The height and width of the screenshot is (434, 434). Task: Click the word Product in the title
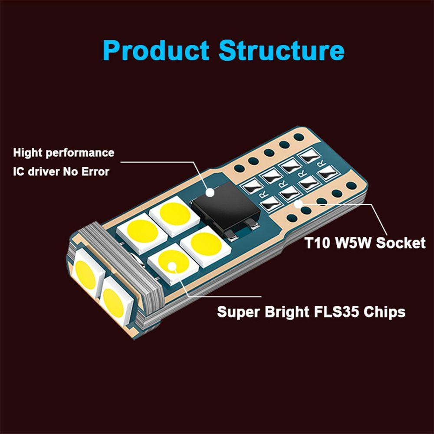[x=156, y=51]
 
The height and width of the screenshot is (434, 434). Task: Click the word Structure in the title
[x=281, y=51]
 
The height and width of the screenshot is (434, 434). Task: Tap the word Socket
[x=401, y=242]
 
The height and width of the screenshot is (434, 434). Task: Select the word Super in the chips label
[x=239, y=312]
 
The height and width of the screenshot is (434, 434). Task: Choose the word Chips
[x=384, y=312]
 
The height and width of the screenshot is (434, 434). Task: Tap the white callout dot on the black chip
[x=210, y=191]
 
